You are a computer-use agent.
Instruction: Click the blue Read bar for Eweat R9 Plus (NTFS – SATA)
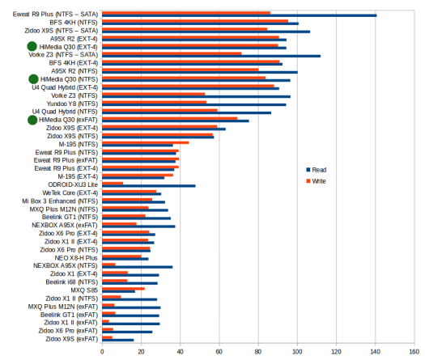(240, 15)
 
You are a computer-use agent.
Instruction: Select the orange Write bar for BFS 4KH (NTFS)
(195, 21)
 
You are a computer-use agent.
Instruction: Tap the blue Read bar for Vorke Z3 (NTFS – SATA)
(211, 56)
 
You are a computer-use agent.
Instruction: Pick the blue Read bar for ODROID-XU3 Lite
(149, 186)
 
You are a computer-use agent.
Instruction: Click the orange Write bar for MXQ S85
(123, 289)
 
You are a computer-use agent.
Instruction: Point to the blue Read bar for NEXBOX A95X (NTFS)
(138, 267)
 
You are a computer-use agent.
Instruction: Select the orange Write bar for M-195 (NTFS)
(146, 142)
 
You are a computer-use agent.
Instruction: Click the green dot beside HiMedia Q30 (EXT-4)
(32, 46)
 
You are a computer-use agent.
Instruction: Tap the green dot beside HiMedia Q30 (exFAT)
(32, 120)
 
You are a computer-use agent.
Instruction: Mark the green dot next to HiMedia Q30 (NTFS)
(33, 79)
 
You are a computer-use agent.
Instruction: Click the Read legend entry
(317, 170)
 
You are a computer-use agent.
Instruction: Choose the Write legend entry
(316, 181)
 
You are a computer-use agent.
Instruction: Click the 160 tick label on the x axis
(414, 352)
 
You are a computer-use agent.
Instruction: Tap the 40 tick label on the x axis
(180, 352)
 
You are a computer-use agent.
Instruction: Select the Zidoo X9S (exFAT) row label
(71, 339)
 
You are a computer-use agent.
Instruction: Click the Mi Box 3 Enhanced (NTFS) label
(60, 201)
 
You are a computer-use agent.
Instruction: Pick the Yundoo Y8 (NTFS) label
(72, 104)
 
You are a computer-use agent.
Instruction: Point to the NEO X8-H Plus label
(76, 258)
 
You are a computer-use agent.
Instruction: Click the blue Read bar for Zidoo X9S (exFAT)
(118, 340)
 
